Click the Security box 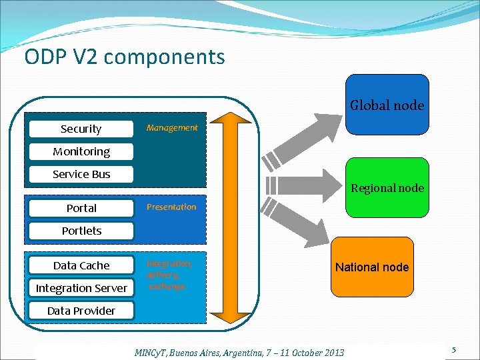pyautogui.click(x=81, y=129)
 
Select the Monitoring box pyautogui.click(x=81, y=151)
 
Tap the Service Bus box pyautogui.click(x=81, y=174)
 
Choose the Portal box pyautogui.click(x=81, y=208)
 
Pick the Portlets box pyautogui.click(x=81, y=231)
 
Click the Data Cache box pyautogui.click(x=81, y=265)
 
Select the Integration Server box pyautogui.click(x=81, y=288)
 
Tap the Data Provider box pyautogui.click(x=81, y=311)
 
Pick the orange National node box pyautogui.click(x=372, y=267)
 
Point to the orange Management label pyautogui.click(x=172, y=127)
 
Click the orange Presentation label pyautogui.click(x=171, y=207)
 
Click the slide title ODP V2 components pyautogui.click(x=125, y=57)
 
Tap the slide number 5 pyautogui.click(x=453, y=350)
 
